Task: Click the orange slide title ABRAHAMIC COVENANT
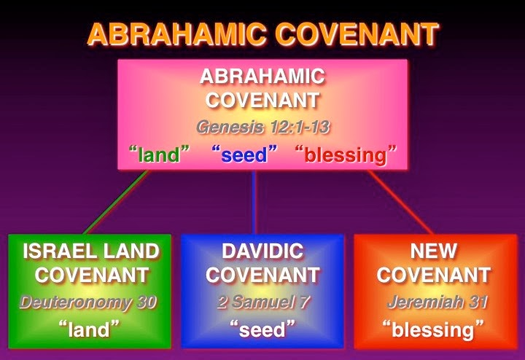click(x=262, y=34)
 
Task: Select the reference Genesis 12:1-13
click(x=262, y=128)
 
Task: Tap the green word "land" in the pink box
click(x=160, y=154)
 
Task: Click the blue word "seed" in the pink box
click(x=247, y=154)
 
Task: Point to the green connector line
click(x=117, y=203)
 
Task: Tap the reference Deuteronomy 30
click(x=89, y=302)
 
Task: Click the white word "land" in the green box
click(x=89, y=329)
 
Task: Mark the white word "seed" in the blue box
click(x=262, y=329)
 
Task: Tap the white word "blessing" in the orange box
click(x=433, y=329)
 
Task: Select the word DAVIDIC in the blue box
click(x=262, y=252)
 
